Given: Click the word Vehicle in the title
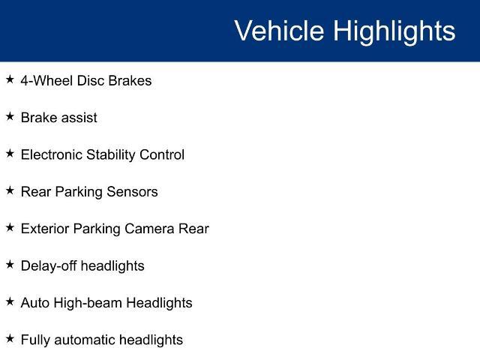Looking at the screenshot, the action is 279,30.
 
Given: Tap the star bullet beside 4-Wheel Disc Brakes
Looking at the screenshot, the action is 10,79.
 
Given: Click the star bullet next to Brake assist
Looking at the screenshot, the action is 10,116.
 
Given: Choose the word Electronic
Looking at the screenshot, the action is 52,154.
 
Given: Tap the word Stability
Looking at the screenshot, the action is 111,155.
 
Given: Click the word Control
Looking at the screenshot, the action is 162,154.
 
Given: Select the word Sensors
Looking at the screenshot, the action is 132,192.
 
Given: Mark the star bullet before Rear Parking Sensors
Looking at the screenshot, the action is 10,190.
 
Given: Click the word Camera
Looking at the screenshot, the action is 149,229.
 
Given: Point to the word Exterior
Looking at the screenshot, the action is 45,229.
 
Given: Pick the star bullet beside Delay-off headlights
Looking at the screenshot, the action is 10,265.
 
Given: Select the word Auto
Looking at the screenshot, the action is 35,303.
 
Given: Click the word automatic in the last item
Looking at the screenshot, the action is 85,340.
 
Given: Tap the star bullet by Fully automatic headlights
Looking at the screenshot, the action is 10,338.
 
